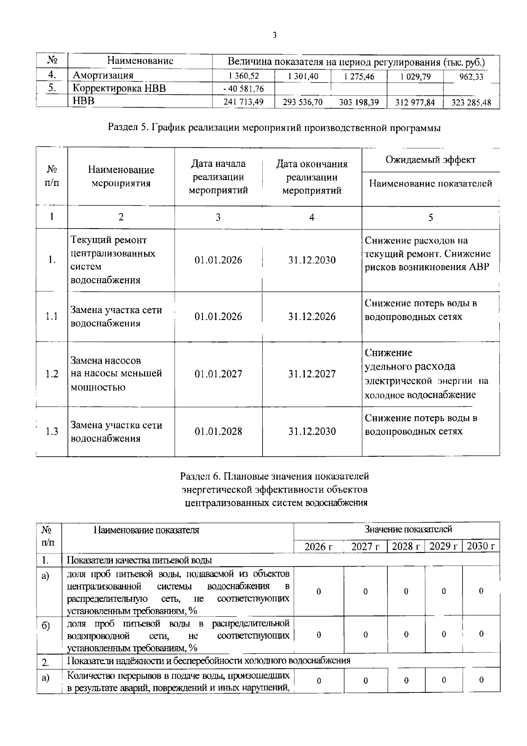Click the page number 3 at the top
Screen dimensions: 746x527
[x=274, y=36]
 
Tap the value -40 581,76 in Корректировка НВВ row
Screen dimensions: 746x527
[x=244, y=89]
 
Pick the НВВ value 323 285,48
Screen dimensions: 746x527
[x=471, y=103]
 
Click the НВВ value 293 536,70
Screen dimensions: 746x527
[x=303, y=102]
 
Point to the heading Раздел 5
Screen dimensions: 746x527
[x=274, y=128]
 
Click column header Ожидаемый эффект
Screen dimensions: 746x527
[x=430, y=160]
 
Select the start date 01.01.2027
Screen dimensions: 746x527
[x=218, y=374]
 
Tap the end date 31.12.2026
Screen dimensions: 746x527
[x=312, y=317]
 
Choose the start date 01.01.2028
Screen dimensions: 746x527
[x=218, y=431]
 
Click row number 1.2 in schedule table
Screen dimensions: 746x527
[x=52, y=374]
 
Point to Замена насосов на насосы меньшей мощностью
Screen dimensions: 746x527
[x=116, y=374]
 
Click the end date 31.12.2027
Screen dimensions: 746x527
[x=312, y=374]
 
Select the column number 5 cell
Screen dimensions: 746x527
[x=430, y=218]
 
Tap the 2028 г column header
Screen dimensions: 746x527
[x=405, y=546]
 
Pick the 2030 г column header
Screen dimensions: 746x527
[x=481, y=546]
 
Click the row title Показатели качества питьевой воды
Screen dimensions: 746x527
[x=139, y=560]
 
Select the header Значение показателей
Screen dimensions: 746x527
[x=408, y=529]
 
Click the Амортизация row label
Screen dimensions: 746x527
[x=103, y=76]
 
